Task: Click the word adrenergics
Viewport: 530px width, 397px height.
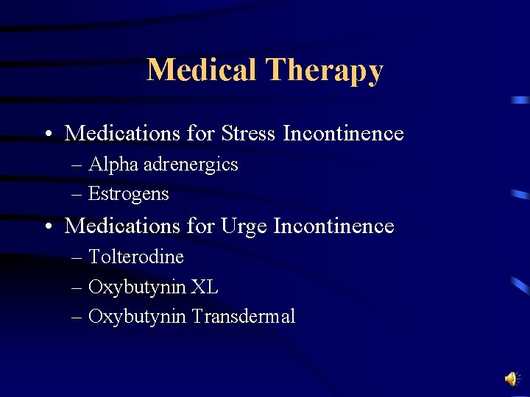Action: tap(191, 165)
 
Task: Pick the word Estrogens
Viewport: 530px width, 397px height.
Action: tap(128, 194)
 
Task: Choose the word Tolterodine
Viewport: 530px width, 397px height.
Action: tap(135, 257)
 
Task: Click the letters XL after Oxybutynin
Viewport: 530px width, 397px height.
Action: tap(205, 287)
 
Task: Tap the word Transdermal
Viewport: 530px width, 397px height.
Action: tap(243, 317)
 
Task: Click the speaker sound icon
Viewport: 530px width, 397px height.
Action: tap(510, 379)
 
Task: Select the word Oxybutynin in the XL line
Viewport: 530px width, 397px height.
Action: tap(137, 287)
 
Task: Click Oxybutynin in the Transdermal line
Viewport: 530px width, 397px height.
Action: tap(137, 318)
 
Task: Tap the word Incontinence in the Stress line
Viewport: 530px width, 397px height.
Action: tap(343, 133)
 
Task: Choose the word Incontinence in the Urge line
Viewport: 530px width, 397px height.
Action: tap(333, 226)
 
